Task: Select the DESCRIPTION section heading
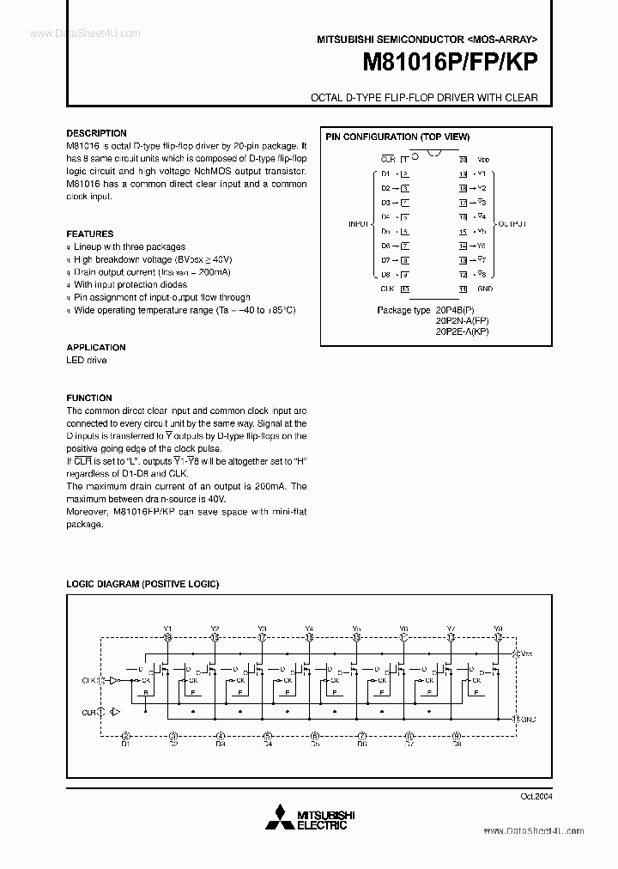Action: tap(96, 133)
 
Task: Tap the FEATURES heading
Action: tap(90, 234)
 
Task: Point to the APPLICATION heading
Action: tap(96, 348)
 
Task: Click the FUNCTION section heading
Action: tap(89, 398)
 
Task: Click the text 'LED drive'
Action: tap(87, 361)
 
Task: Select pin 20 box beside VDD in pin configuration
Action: tap(463, 160)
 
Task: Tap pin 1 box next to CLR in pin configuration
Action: tap(404, 160)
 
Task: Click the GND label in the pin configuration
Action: tap(485, 289)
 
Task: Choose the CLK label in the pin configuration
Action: tap(386, 289)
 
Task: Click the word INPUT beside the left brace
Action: tap(358, 224)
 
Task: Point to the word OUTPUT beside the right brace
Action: tap(512, 224)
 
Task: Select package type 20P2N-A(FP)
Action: tap(461, 320)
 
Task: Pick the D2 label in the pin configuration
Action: tap(386, 188)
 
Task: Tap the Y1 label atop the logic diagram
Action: tap(167, 629)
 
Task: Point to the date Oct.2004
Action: tap(535, 796)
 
